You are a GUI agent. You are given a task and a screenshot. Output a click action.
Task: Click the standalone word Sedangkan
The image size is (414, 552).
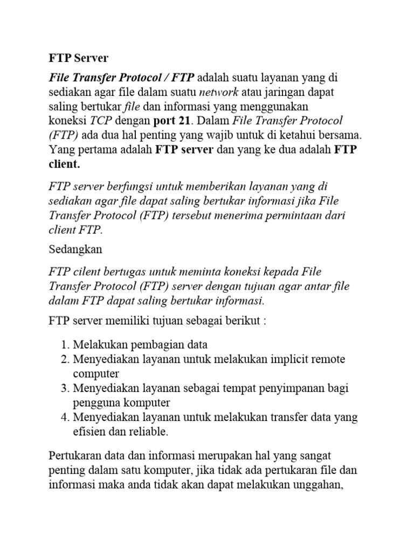point(75,250)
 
